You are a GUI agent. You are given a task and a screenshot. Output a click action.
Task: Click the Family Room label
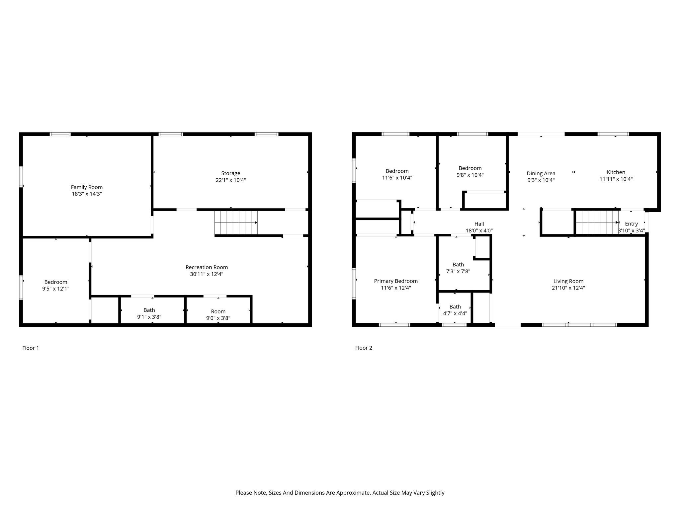(87, 187)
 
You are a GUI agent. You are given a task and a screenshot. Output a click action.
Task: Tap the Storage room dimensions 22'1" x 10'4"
(231, 180)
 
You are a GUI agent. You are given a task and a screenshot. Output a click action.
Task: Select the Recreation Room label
(207, 267)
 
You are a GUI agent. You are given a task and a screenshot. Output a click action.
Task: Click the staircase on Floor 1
(236, 222)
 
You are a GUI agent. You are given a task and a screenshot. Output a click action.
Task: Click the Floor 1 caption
(31, 348)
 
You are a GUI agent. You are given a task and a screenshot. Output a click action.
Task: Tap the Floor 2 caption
(364, 348)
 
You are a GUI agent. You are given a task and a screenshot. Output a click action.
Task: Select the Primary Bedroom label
(396, 281)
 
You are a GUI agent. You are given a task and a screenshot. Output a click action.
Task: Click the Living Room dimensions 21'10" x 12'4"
(568, 288)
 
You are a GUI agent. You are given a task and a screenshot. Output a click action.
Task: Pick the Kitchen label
(616, 172)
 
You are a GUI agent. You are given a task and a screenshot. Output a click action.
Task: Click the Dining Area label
(541, 173)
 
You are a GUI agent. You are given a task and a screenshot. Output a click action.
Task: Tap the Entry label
(631, 224)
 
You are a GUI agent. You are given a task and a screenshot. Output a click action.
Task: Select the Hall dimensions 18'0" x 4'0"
(479, 230)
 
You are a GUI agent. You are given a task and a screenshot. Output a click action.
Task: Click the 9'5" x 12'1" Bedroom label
(56, 282)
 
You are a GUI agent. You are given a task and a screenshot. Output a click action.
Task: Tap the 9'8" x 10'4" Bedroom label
(470, 168)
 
